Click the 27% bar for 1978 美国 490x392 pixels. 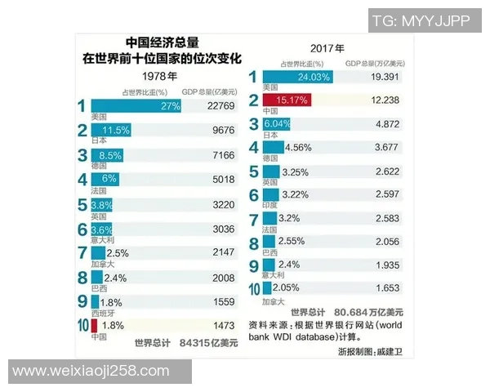[136, 106]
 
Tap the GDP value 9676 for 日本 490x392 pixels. [221, 131]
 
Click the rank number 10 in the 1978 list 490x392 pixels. [82, 325]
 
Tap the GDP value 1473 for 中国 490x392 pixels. [221, 326]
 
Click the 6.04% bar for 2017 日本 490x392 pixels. [276, 124]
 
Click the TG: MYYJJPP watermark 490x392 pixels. [421, 20]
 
